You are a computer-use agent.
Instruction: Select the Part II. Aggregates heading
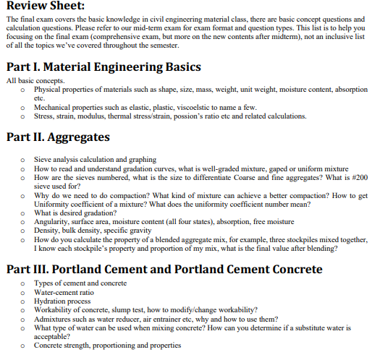[57, 137]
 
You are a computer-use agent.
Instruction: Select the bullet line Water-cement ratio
[67, 292]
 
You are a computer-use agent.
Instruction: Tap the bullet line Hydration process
[62, 301]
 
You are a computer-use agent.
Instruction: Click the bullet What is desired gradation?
[76, 213]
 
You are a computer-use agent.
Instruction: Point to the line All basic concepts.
[34, 80]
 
